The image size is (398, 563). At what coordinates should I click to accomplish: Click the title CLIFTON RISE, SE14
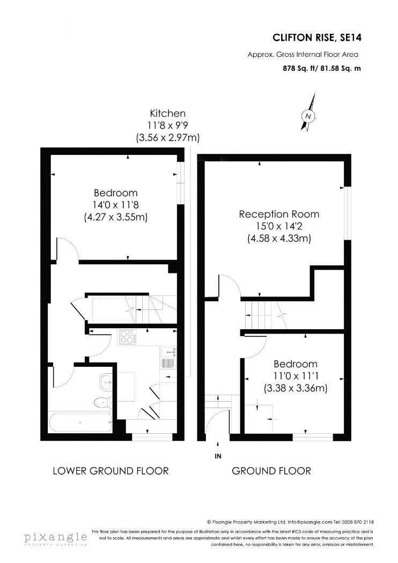click(x=317, y=38)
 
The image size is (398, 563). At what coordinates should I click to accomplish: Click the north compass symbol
click(x=308, y=112)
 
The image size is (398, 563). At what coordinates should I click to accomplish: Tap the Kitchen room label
click(x=168, y=114)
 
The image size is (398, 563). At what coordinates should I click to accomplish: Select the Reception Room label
click(x=279, y=214)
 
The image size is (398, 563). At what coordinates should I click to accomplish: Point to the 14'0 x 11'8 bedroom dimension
click(x=116, y=205)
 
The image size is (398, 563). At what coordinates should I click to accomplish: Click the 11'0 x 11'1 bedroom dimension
click(x=296, y=376)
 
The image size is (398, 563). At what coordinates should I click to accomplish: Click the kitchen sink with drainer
click(x=168, y=357)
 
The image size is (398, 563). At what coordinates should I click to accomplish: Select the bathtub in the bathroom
click(x=80, y=423)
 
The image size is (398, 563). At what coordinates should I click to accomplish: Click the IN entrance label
click(x=218, y=456)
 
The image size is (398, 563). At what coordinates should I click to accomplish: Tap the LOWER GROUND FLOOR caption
click(x=110, y=471)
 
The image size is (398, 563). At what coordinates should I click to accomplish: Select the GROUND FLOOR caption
click(x=271, y=471)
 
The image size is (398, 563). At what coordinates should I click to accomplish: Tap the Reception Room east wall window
click(x=347, y=213)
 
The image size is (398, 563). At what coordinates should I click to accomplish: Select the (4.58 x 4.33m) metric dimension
click(x=279, y=239)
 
